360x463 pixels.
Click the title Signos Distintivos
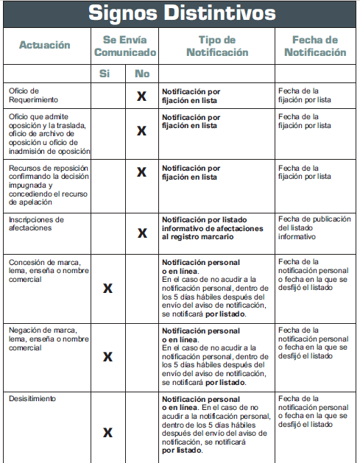pyautogui.click(x=182, y=13)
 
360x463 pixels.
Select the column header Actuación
pyautogui.click(x=45, y=45)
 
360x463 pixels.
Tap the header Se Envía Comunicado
pyautogui.click(x=125, y=46)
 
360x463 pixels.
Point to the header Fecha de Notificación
pyautogui.click(x=315, y=46)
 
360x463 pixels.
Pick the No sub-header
pyautogui.click(x=143, y=74)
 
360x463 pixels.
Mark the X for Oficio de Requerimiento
pyautogui.click(x=143, y=96)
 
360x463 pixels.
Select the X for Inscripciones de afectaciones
pyautogui.click(x=143, y=233)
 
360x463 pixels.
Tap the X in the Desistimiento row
pyautogui.click(x=107, y=432)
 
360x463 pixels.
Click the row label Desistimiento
pyautogui.click(x=32, y=398)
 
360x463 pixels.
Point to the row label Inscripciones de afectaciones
pyautogui.click(x=37, y=224)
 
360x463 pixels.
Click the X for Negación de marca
pyautogui.click(x=107, y=356)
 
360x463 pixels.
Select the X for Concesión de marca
pyautogui.click(x=107, y=288)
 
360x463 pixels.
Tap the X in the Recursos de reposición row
pyautogui.click(x=143, y=172)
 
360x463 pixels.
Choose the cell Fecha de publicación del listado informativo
pyautogui.click(x=314, y=228)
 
